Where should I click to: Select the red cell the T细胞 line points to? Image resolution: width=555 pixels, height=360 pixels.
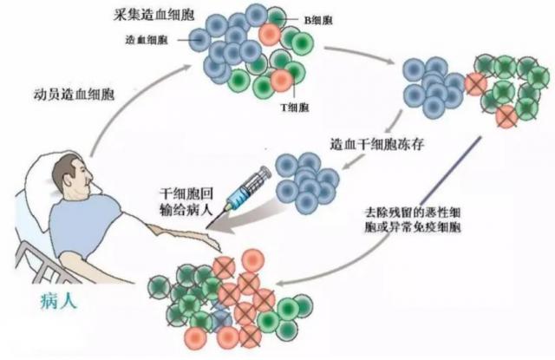pyautogui.click(x=280, y=81)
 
